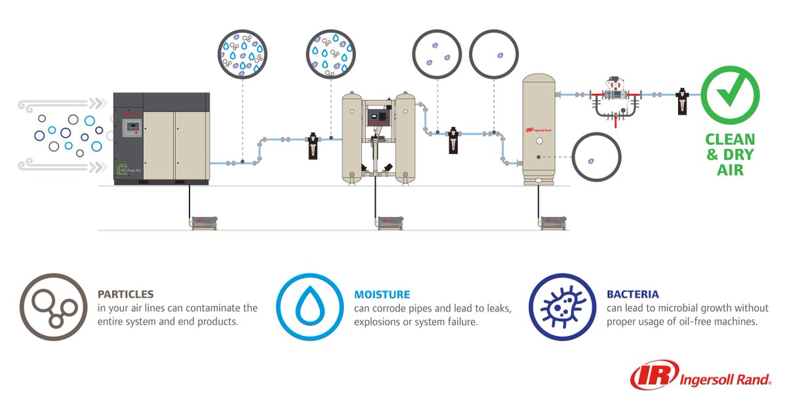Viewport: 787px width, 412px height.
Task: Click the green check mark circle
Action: (x=730, y=96)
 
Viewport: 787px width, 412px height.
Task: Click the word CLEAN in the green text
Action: (x=730, y=140)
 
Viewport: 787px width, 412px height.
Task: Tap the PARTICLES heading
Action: (x=125, y=295)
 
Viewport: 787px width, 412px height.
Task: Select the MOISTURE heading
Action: (x=382, y=295)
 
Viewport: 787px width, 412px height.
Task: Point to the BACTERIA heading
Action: (x=633, y=295)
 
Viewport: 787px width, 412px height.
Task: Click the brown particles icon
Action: (x=53, y=306)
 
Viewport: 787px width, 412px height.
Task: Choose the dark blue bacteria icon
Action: (x=562, y=306)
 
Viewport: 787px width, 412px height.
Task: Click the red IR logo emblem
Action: (x=651, y=375)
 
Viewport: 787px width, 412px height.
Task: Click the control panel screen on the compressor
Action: (x=133, y=126)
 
